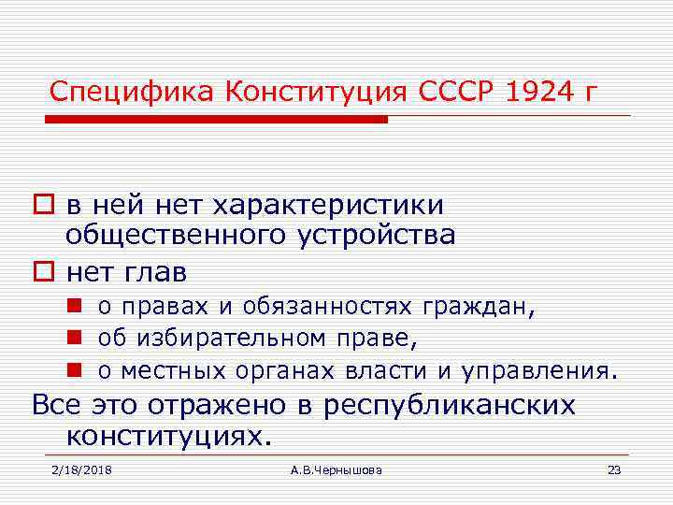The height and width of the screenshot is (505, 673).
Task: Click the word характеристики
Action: pos(328,204)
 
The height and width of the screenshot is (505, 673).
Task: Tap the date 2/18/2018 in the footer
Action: pos(81,469)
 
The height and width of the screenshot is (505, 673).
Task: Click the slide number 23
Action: pos(614,469)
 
